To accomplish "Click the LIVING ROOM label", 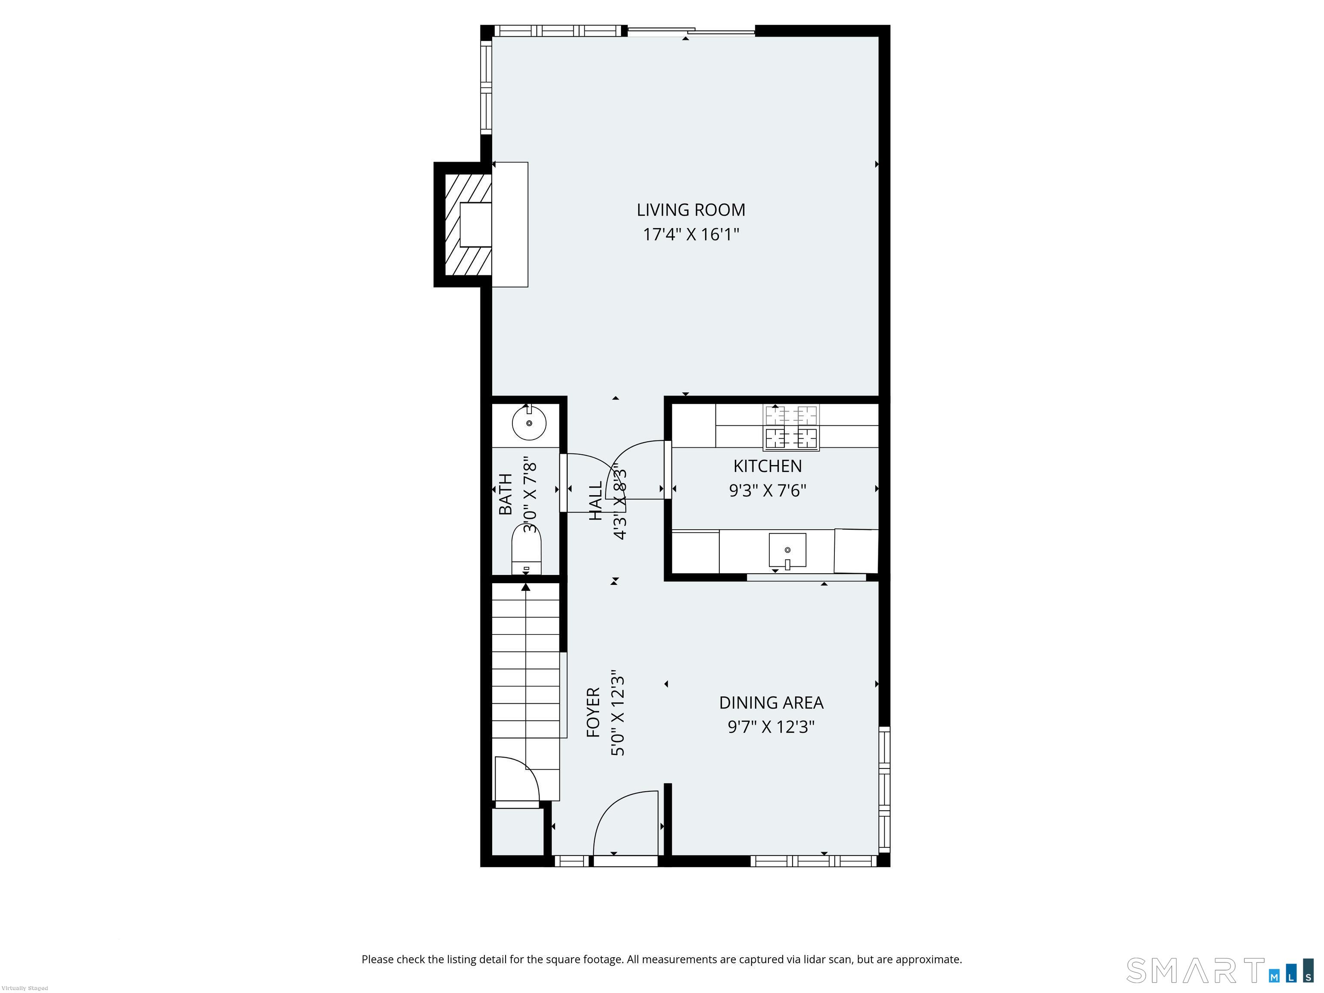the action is [x=691, y=210].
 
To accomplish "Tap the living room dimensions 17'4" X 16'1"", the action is [x=691, y=234].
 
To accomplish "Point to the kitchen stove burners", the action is [x=791, y=428].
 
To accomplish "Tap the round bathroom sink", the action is [x=529, y=422].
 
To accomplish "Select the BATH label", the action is [x=506, y=494].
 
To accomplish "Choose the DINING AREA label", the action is [x=771, y=702].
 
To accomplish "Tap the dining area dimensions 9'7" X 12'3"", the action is [x=771, y=727].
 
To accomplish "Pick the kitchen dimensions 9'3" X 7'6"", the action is [x=767, y=491].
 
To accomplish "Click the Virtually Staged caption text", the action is [x=25, y=988].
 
